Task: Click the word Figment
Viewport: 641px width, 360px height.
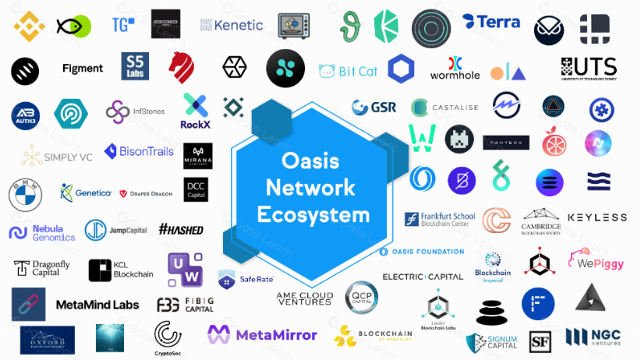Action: pos(83,69)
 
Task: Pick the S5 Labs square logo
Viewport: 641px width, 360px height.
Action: pos(135,67)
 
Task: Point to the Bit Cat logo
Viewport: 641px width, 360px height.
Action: pos(348,71)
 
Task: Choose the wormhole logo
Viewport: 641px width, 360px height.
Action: pos(455,69)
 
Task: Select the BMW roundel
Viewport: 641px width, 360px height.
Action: pos(24,194)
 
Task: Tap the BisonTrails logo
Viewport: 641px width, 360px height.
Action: pos(139,151)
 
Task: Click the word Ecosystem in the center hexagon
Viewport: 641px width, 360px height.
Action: pos(313,214)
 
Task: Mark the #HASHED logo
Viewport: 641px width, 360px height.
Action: pos(180,229)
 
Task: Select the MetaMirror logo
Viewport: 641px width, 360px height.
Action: pos(262,334)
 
